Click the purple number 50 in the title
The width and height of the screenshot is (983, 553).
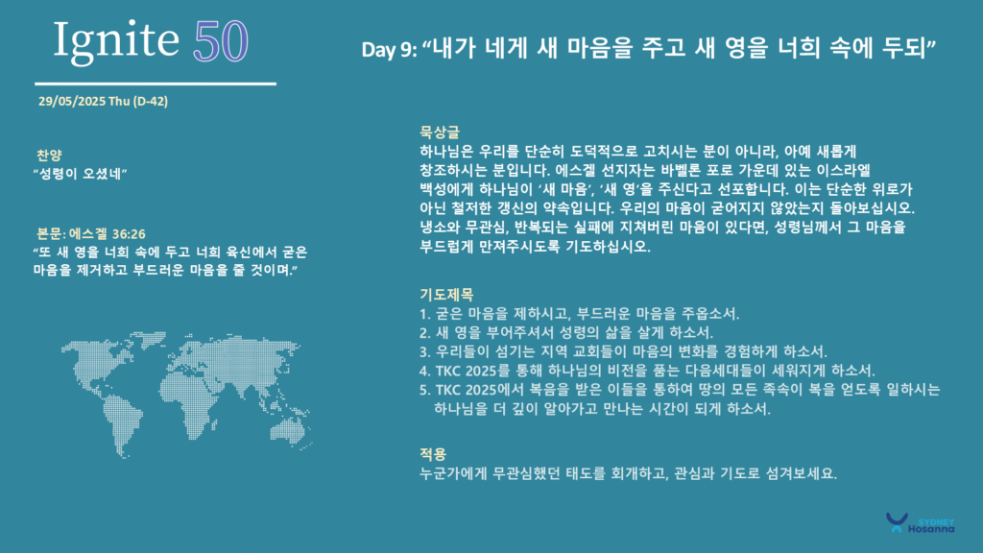pos(221,41)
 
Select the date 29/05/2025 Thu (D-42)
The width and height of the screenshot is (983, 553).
pos(103,101)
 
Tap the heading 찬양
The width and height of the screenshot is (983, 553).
pos(49,155)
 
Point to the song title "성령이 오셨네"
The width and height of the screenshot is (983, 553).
pos(81,174)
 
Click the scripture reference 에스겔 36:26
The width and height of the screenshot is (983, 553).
pos(108,234)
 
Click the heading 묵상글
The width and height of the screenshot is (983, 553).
pos(440,132)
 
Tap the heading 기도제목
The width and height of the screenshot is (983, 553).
pos(446,294)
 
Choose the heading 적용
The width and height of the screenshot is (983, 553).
pos(433,453)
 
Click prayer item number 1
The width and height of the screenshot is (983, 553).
pos(580,314)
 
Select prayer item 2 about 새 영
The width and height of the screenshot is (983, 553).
pos(566,332)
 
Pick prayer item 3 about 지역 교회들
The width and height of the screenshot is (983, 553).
pos(624,351)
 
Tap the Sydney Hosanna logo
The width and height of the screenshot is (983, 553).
pos(920,523)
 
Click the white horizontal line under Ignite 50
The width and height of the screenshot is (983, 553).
pos(156,84)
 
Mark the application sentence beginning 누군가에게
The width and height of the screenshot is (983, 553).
pos(628,473)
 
